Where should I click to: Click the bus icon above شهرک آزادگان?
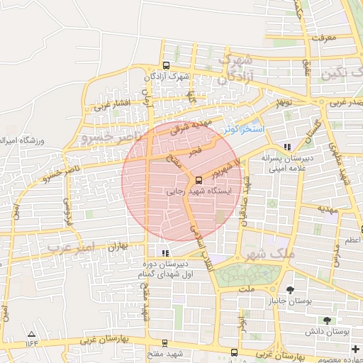pyautogui.click(x=166, y=65)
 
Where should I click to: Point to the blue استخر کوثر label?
pyautogui.click(x=242, y=130)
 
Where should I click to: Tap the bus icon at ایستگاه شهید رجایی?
pyautogui.click(x=199, y=180)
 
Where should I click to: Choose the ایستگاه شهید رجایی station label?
pyautogui.click(x=185, y=191)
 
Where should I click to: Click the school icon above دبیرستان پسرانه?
pyautogui.click(x=286, y=147)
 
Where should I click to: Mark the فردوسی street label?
pyautogui.click(x=68, y=206)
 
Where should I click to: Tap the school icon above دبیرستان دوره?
pyautogui.click(x=165, y=253)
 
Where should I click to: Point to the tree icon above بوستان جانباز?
pyautogui.click(x=291, y=290)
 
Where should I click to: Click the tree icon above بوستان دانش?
pyautogui.click(x=327, y=320)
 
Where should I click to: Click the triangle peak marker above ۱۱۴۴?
pyautogui.click(x=30, y=333)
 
